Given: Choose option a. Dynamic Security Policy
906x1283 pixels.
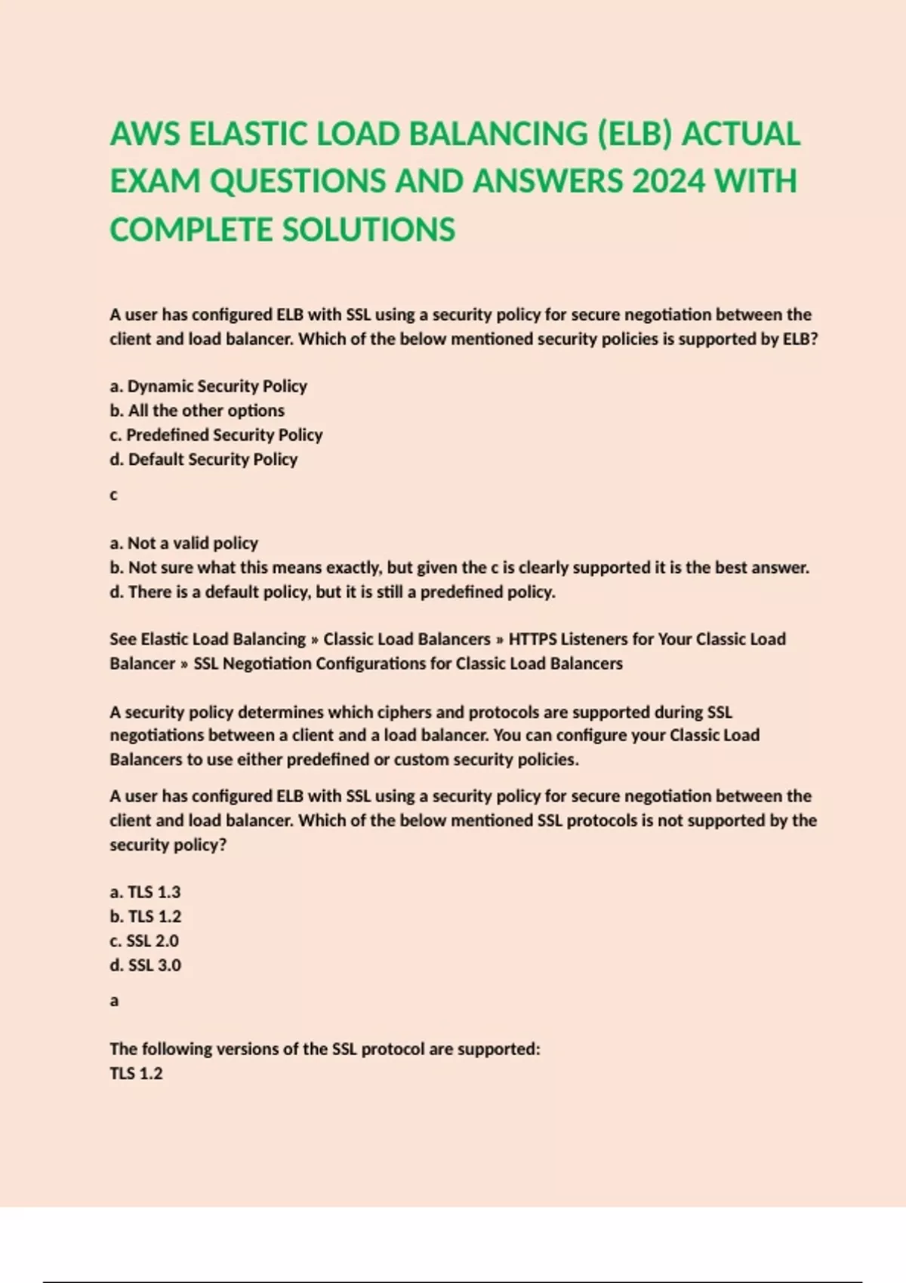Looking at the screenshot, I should click(x=208, y=386).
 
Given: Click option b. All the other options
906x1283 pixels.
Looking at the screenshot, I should click(x=197, y=411).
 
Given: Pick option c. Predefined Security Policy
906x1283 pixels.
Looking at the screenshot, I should click(x=216, y=435).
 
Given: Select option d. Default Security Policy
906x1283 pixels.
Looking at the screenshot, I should click(x=204, y=459).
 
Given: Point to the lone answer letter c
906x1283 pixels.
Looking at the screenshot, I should click(x=114, y=495).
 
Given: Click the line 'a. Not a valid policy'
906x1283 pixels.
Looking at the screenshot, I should click(x=183, y=543).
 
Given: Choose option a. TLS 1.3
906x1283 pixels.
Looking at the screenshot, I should click(x=145, y=892).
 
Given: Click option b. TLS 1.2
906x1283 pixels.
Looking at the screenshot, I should click(x=145, y=916).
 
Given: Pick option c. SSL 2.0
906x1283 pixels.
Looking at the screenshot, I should click(x=144, y=940).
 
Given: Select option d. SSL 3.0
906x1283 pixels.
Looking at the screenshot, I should click(x=145, y=965).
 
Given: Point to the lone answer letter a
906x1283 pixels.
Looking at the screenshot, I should click(x=114, y=1001).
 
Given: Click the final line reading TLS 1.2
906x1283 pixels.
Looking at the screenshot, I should click(x=136, y=1073).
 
